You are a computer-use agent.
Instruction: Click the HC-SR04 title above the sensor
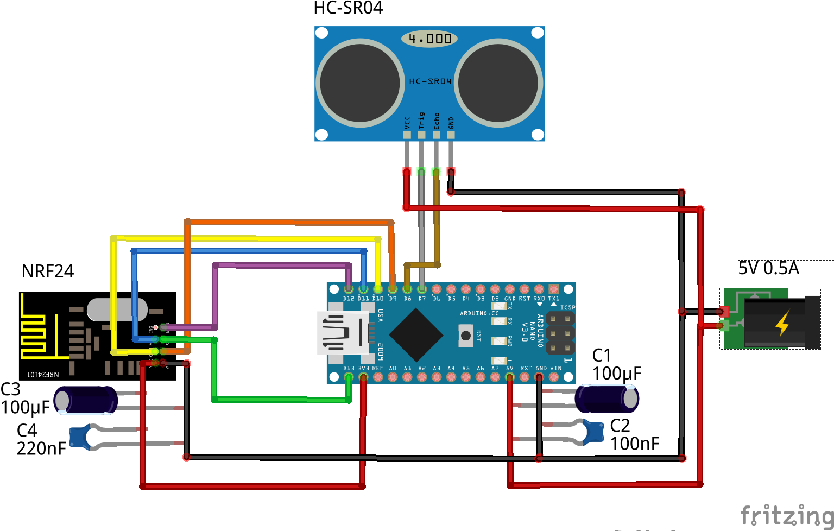pyautogui.click(x=348, y=8)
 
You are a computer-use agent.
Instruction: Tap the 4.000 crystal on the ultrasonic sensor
pyautogui.click(x=429, y=39)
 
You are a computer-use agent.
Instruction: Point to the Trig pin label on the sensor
pyautogui.click(x=421, y=121)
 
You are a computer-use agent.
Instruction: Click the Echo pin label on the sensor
pyautogui.click(x=436, y=121)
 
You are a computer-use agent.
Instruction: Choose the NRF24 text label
pyautogui.click(x=48, y=271)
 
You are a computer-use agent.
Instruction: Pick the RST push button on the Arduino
pyautogui.click(x=466, y=336)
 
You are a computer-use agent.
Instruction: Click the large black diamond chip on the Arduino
pyautogui.click(x=416, y=335)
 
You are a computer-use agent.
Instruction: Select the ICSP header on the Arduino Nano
pyautogui.click(x=560, y=332)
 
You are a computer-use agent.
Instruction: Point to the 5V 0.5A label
pyautogui.click(x=768, y=268)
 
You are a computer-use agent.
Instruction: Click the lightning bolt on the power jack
pyautogui.click(x=782, y=323)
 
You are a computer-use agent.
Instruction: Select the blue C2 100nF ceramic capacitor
pyautogui.click(x=595, y=432)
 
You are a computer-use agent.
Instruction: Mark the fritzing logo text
pyautogui.click(x=787, y=515)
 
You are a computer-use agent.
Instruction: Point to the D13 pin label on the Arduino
pyautogui.click(x=349, y=368)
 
